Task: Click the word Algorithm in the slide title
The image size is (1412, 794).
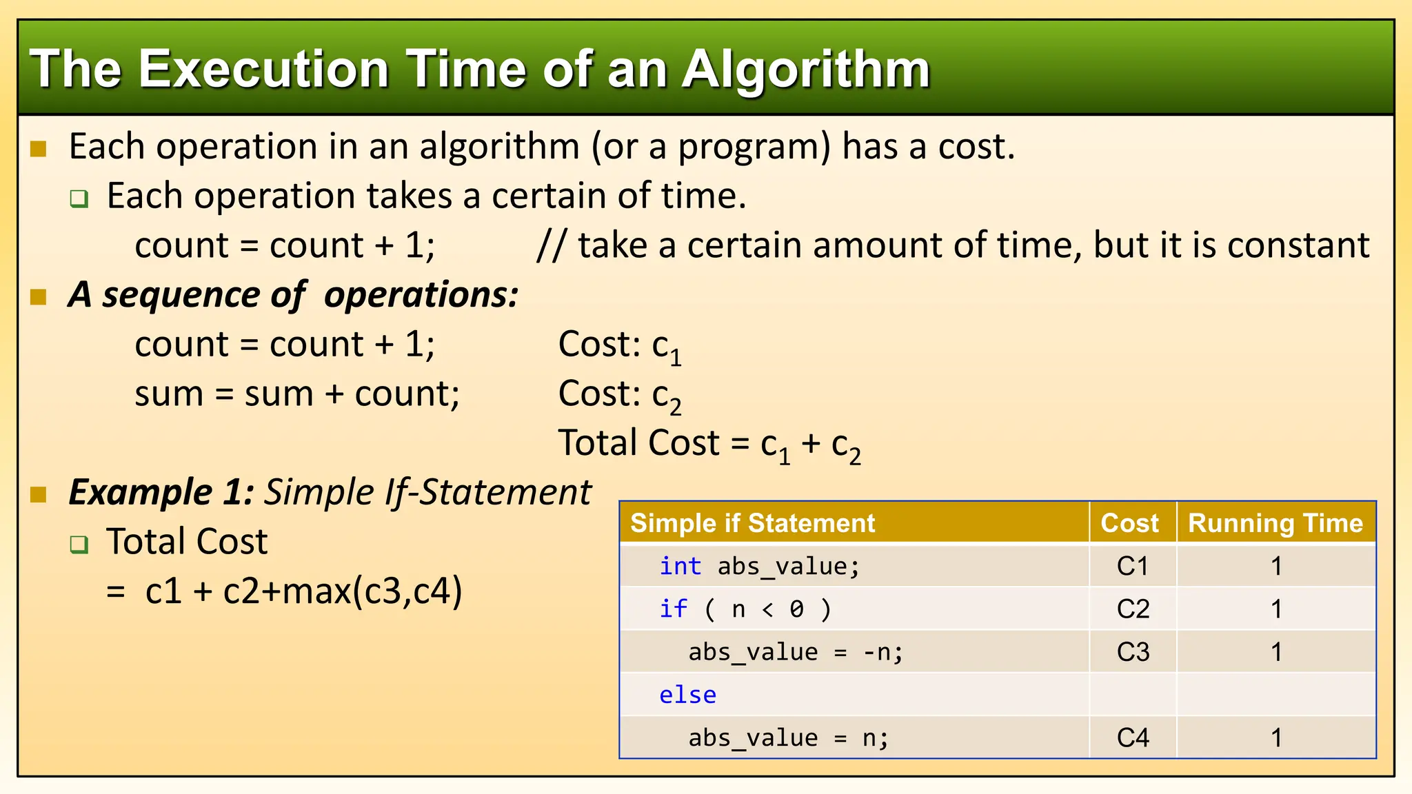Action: pos(806,70)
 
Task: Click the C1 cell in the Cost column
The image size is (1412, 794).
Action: pos(1132,567)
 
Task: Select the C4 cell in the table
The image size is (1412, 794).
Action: pos(1132,738)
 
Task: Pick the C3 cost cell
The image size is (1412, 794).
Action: pos(1132,652)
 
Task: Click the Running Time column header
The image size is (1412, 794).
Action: pos(1275,523)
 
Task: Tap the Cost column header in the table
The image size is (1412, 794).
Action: pos(1129,523)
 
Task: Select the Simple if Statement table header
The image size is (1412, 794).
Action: pos(752,523)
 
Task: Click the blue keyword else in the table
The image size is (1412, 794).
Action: pos(687,695)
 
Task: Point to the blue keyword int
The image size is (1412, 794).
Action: pos(680,567)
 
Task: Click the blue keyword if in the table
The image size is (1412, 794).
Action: pos(673,609)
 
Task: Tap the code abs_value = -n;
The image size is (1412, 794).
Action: pos(795,652)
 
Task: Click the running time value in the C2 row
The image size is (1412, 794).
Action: pos(1276,609)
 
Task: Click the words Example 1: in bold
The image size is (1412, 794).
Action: pos(161,492)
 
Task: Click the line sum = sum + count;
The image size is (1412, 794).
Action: pos(297,394)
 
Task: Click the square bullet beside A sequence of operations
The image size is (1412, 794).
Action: pos(39,297)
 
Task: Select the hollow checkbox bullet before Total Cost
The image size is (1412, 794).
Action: pos(79,544)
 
